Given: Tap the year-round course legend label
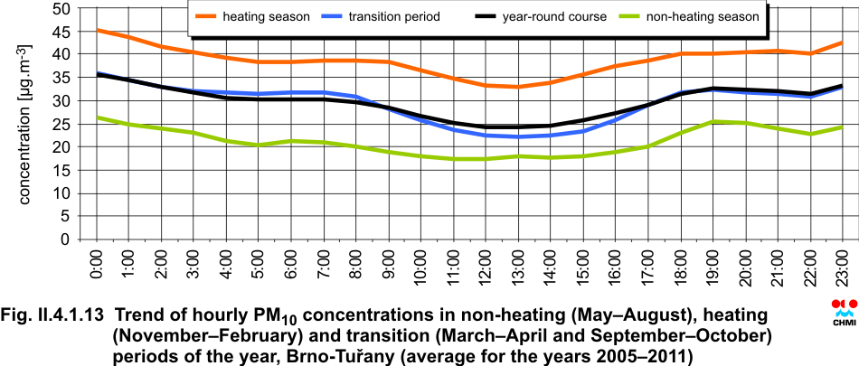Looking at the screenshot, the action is click(x=554, y=16).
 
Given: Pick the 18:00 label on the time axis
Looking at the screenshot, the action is click(x=681, y=268).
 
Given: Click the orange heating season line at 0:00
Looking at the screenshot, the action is click(x=97, y=30).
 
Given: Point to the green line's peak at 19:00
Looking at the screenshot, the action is click(x=713, y=121).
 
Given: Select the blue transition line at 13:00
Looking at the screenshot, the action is click(x=519, y=136).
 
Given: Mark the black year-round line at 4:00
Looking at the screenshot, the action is click(x=227, y=99).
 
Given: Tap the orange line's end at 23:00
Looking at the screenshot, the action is click(x=843, y=42).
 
